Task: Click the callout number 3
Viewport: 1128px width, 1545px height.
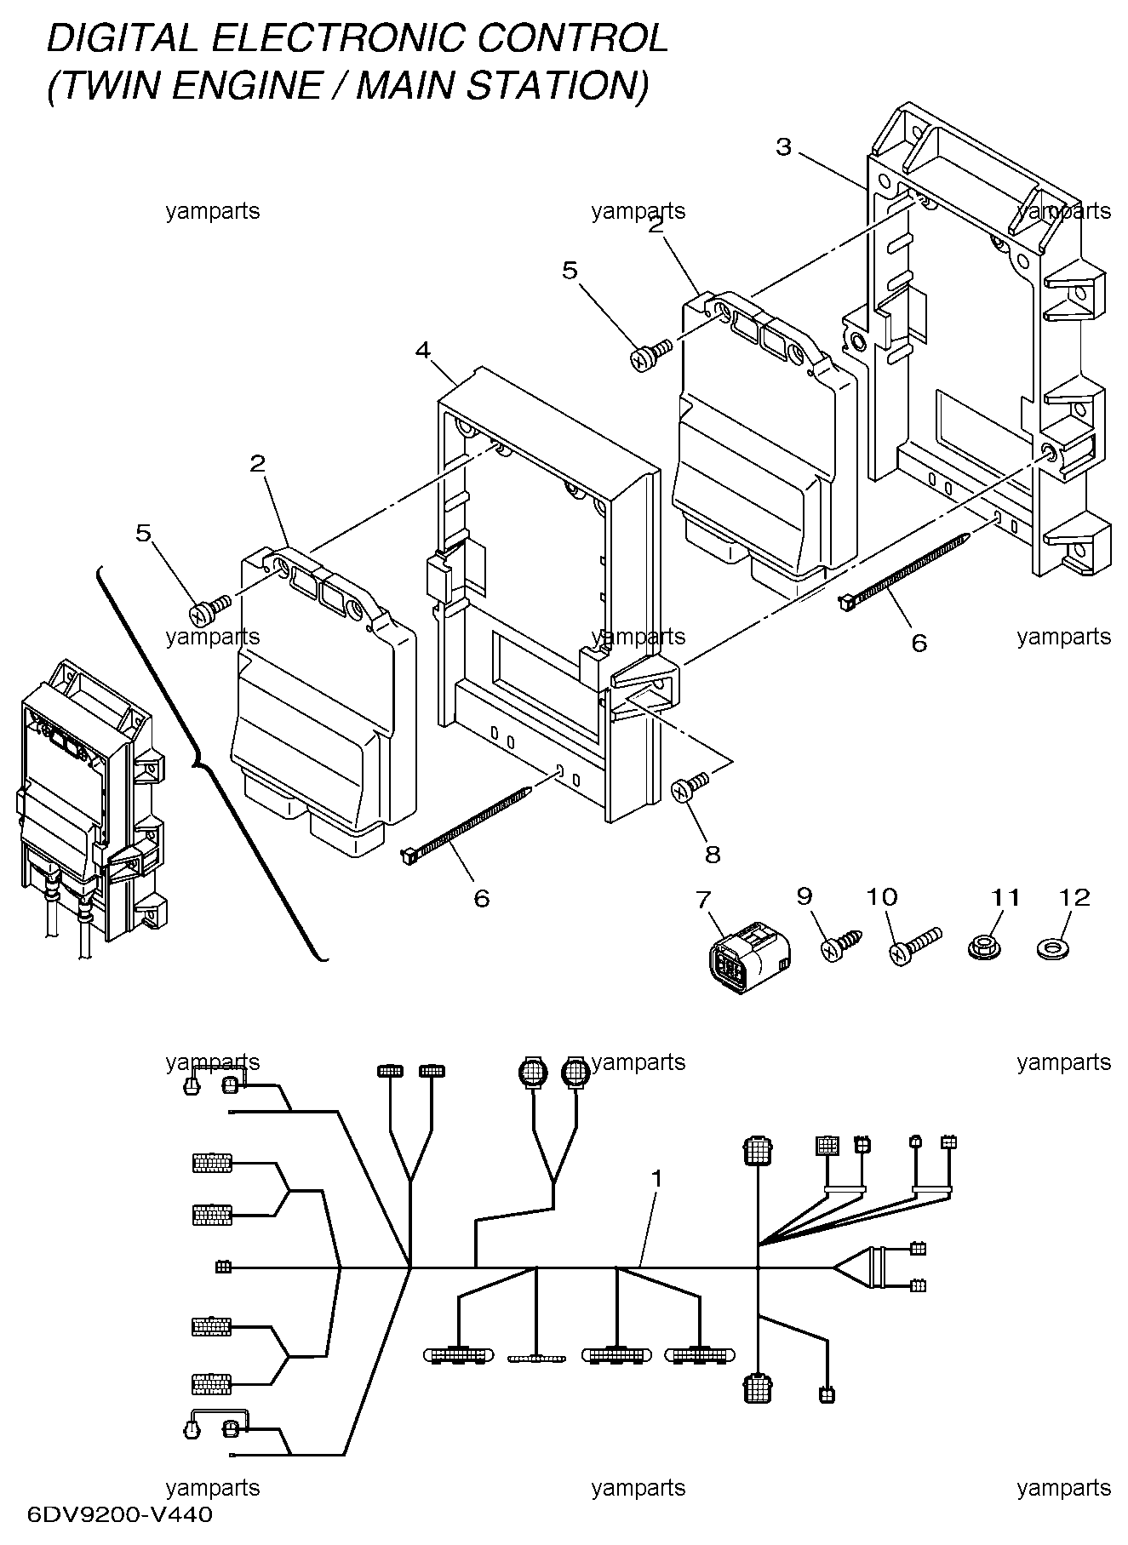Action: [x=783, y=147]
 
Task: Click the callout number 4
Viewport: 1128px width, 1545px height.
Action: [x=423, y=349]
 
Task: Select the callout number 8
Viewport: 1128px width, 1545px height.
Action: [x=713, y=854]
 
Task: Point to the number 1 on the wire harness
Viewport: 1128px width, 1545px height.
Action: [x=656, y=1178]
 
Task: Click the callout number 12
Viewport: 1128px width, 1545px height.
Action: [x=1074, y=897]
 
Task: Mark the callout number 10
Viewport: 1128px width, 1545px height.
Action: [x=881, y=896]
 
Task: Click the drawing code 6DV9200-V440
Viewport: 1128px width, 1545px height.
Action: [x=120, y=1514]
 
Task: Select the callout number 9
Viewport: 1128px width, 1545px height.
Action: [x=804, y=896]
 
